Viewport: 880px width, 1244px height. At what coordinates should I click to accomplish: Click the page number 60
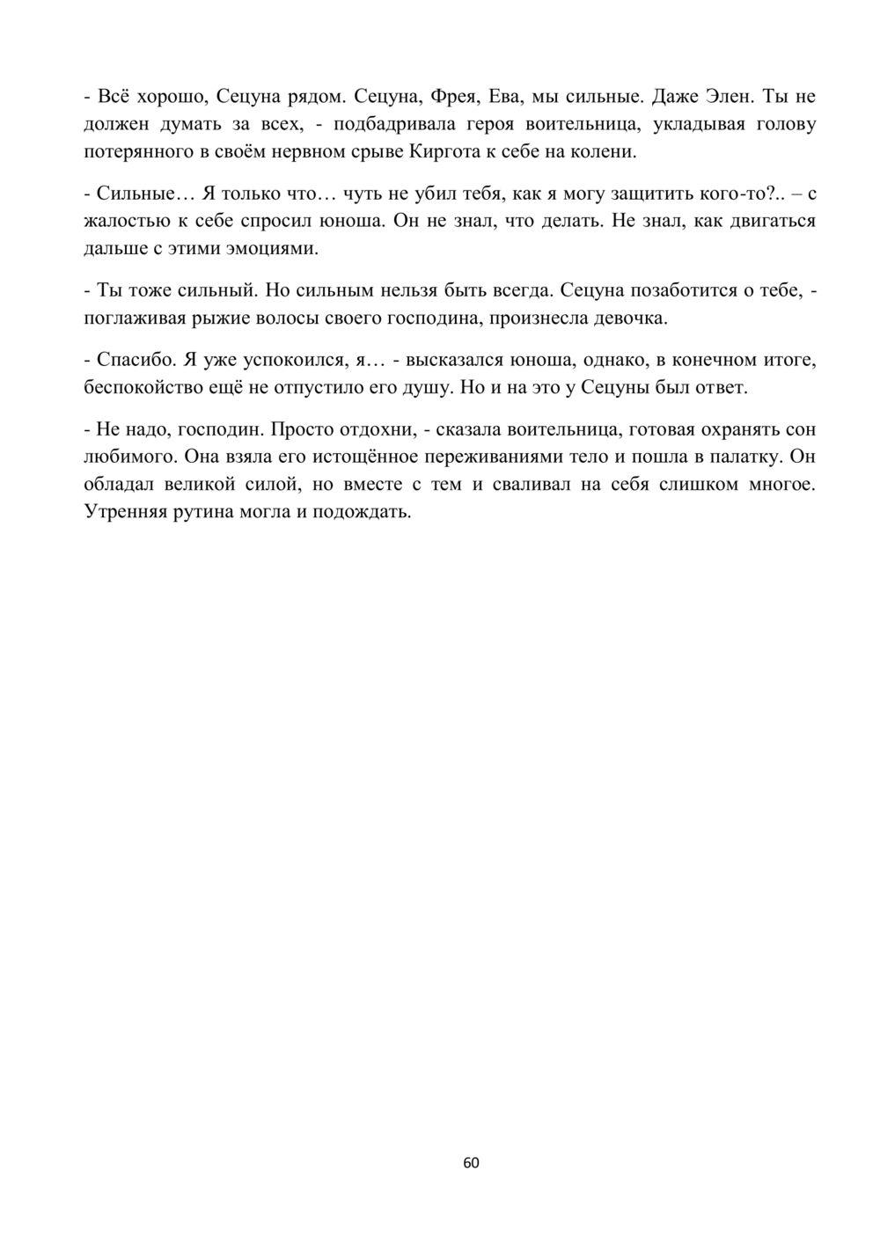(471, 1163)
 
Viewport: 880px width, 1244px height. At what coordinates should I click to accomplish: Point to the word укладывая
(694, 124)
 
